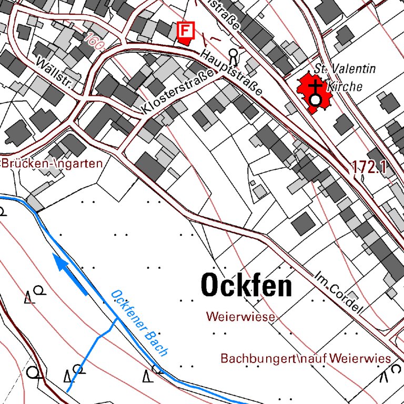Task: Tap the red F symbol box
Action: pyautogui.click(x=185, y=31)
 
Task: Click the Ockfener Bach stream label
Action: pyautogui.click(x=139, y=323)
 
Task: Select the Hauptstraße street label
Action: pyautogui.click(x=231, y=73)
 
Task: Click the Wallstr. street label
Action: pyautogui.click(x=54, y=73)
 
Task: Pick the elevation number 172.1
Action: pyautogui.click(x=369, y=167)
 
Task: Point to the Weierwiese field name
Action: pyautogui.click(x=241, y=317)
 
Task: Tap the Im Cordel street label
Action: pyautogui.click(x=339, y=292)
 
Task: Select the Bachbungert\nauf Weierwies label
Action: pyautogui.click(x=306, y=359)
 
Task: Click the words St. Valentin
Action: pyautogui.click(x=345, y=69)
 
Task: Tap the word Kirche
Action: pyautogui.click(x=345, y=86)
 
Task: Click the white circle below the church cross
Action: pyautogui.click(x=315, y=100)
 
